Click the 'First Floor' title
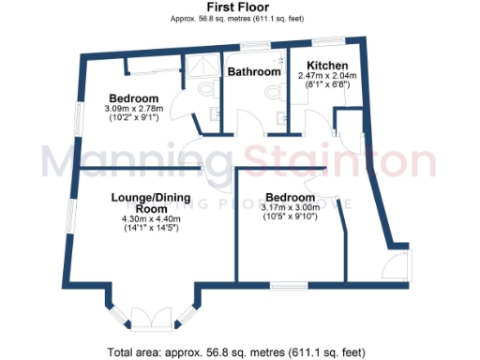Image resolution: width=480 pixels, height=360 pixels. pyautogui.click(x=239, y=7)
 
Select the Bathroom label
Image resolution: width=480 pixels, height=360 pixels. pyautogui.click(x=254, y=71)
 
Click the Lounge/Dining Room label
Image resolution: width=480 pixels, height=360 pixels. pyautogui.click(x=143, y=202)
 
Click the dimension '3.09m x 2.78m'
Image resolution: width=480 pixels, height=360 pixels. pyautogui.click(x=132, y=109)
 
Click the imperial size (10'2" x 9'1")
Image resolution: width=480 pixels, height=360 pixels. pyautogui.click(x=132, y=118)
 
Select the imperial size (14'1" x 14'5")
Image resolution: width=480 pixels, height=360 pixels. pyautogui.click(x=143, y=228)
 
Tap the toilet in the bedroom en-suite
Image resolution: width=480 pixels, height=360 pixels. pyautogui.click(x=208, y=90)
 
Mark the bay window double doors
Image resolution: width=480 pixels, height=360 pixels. pyautogui.click(x=150, y=319)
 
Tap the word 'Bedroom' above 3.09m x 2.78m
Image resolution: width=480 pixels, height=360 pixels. pyautogui.click(x=132, y=98)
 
